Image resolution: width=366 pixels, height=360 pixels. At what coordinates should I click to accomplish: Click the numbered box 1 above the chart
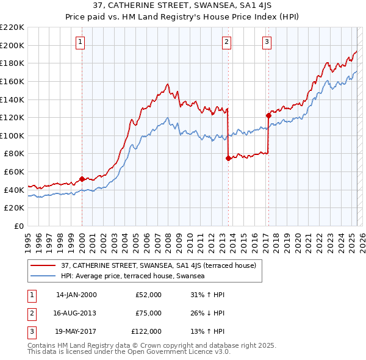coord(81,42)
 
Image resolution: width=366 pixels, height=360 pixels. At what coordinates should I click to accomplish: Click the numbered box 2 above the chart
coord(226,42)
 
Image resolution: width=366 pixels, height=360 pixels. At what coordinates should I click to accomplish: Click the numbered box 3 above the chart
coord(267,42)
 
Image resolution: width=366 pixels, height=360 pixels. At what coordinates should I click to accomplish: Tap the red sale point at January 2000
coord(82,179)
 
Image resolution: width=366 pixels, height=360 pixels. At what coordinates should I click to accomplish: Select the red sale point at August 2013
coord(228,158)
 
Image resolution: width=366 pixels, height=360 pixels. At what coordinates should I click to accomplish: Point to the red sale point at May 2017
coord(268,115)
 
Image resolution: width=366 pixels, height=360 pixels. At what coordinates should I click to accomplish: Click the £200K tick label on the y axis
coord(13,45)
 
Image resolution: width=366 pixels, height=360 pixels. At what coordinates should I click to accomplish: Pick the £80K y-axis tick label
coord(15,154)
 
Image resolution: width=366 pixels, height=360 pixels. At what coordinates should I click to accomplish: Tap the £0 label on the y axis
coord(19,226)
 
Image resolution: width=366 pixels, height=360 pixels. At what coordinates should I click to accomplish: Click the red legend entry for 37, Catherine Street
coord(162,265)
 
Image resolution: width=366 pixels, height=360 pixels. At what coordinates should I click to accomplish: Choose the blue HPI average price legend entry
coord(132,276)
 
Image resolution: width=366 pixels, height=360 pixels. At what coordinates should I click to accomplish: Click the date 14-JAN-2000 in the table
coord(76,295)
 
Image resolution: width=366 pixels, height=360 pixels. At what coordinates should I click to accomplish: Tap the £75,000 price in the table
coord(148,313)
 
